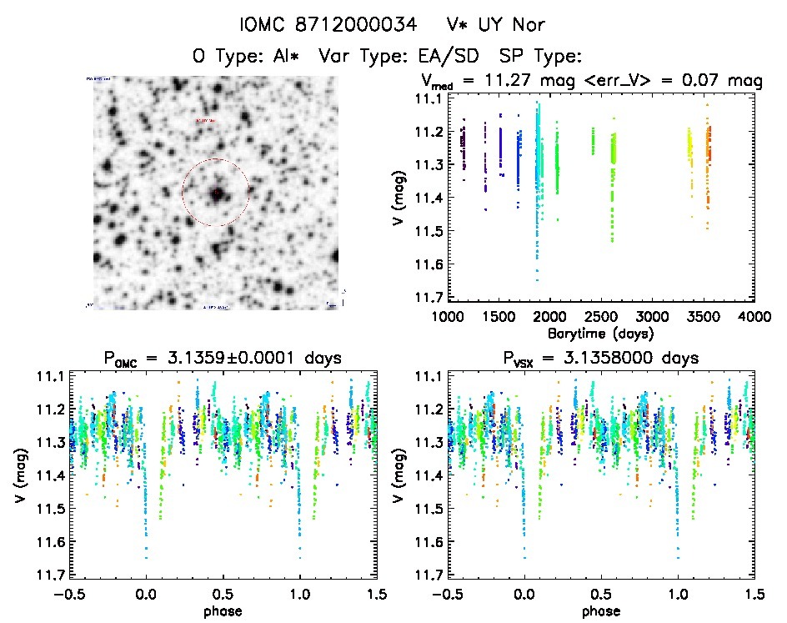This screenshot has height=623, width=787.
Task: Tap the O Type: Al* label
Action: (x=248, y=56)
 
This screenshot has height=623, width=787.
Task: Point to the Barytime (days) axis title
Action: (x=601, y=333)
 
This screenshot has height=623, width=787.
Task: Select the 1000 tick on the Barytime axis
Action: (x=447, y=318)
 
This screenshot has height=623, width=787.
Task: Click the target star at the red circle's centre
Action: (x=216, y=193)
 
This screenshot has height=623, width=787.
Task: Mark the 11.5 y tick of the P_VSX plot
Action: (x=429, y=508)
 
